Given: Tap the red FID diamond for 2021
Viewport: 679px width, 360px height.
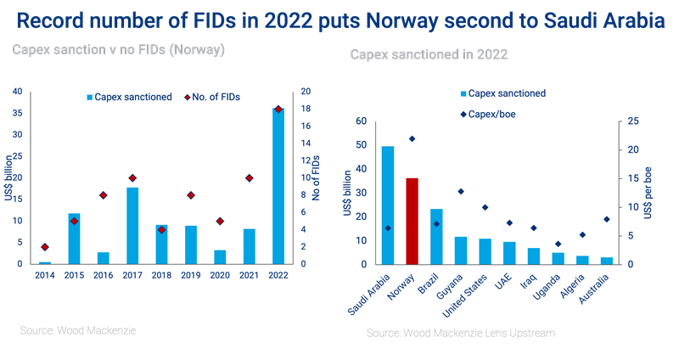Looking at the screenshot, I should pos(250,177).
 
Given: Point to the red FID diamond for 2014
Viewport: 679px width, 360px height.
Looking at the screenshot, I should pos(45,247).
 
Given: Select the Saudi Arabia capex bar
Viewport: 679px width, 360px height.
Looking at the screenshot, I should pos(388,205).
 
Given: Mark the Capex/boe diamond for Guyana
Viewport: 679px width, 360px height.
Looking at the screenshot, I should pos(461,192).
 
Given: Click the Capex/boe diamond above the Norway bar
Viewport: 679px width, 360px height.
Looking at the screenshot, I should pos(412,138).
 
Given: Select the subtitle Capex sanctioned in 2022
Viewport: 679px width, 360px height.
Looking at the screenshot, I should pos(429,55).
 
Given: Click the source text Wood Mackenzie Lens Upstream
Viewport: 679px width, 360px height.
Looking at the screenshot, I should pos(461,334).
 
